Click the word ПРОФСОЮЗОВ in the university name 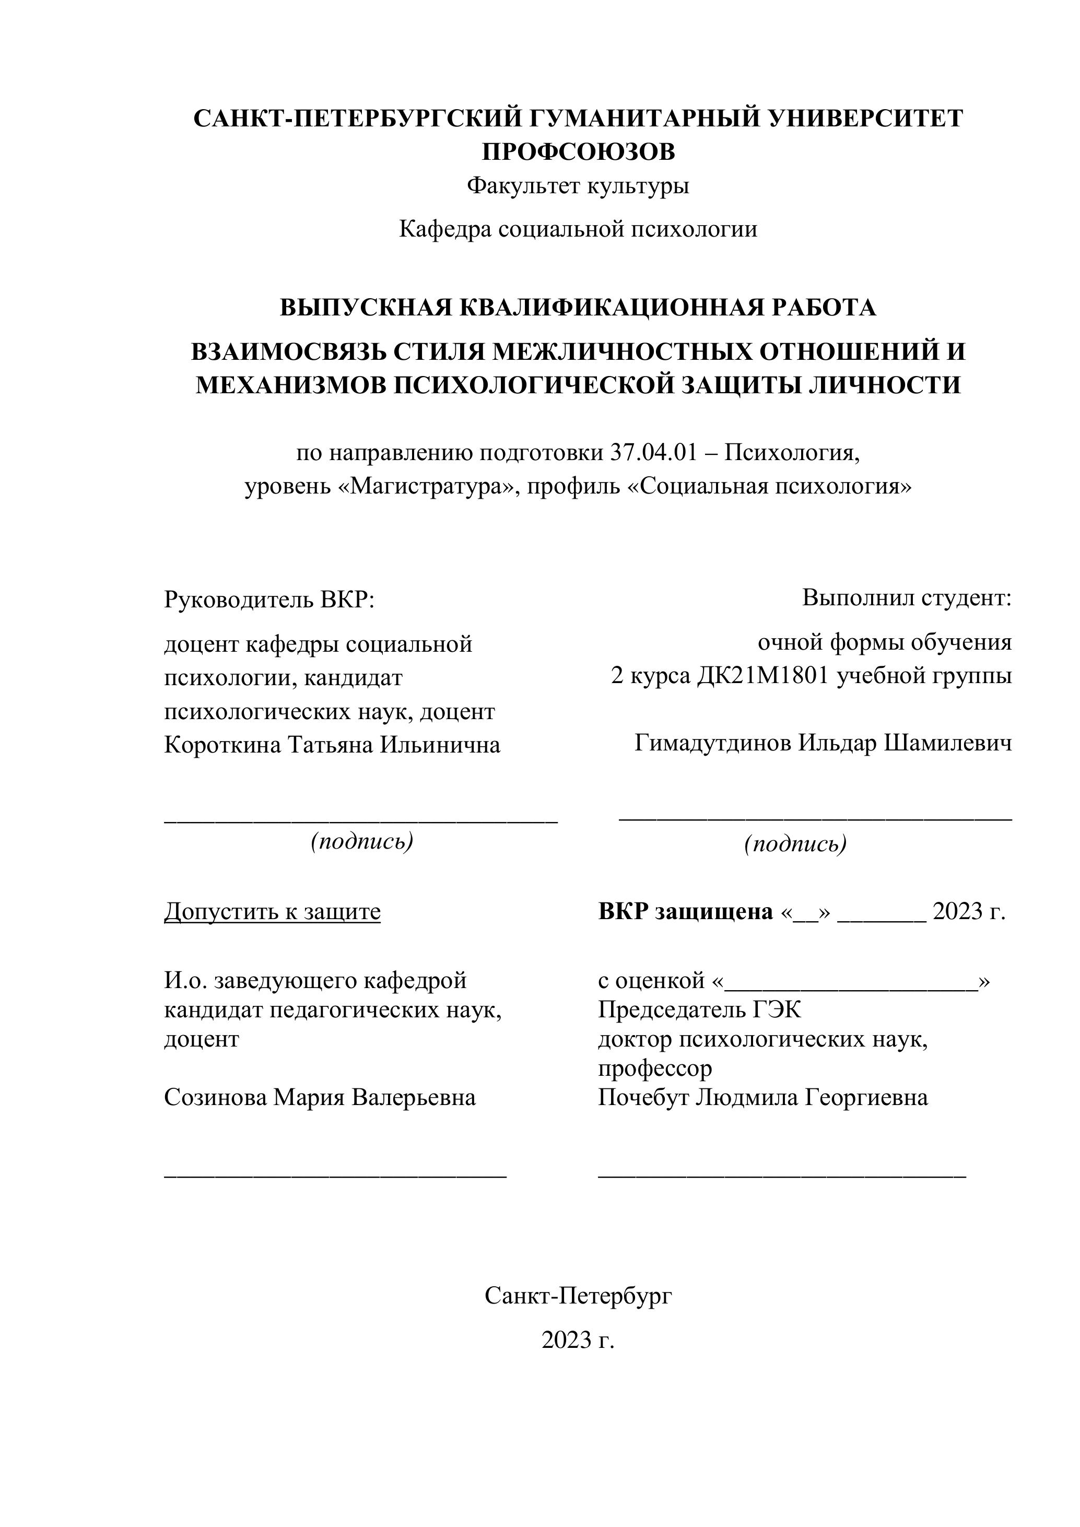(x=578, y=152)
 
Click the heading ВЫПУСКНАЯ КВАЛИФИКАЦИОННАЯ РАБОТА (x=578, y=308)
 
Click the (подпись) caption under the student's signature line (x=795, y=844)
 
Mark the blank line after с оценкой (x=852, y=982)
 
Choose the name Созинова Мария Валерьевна (x=320, y=1097)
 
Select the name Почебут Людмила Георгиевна (x=763, y=1097)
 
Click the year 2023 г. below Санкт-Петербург (x=578, y=1340)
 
